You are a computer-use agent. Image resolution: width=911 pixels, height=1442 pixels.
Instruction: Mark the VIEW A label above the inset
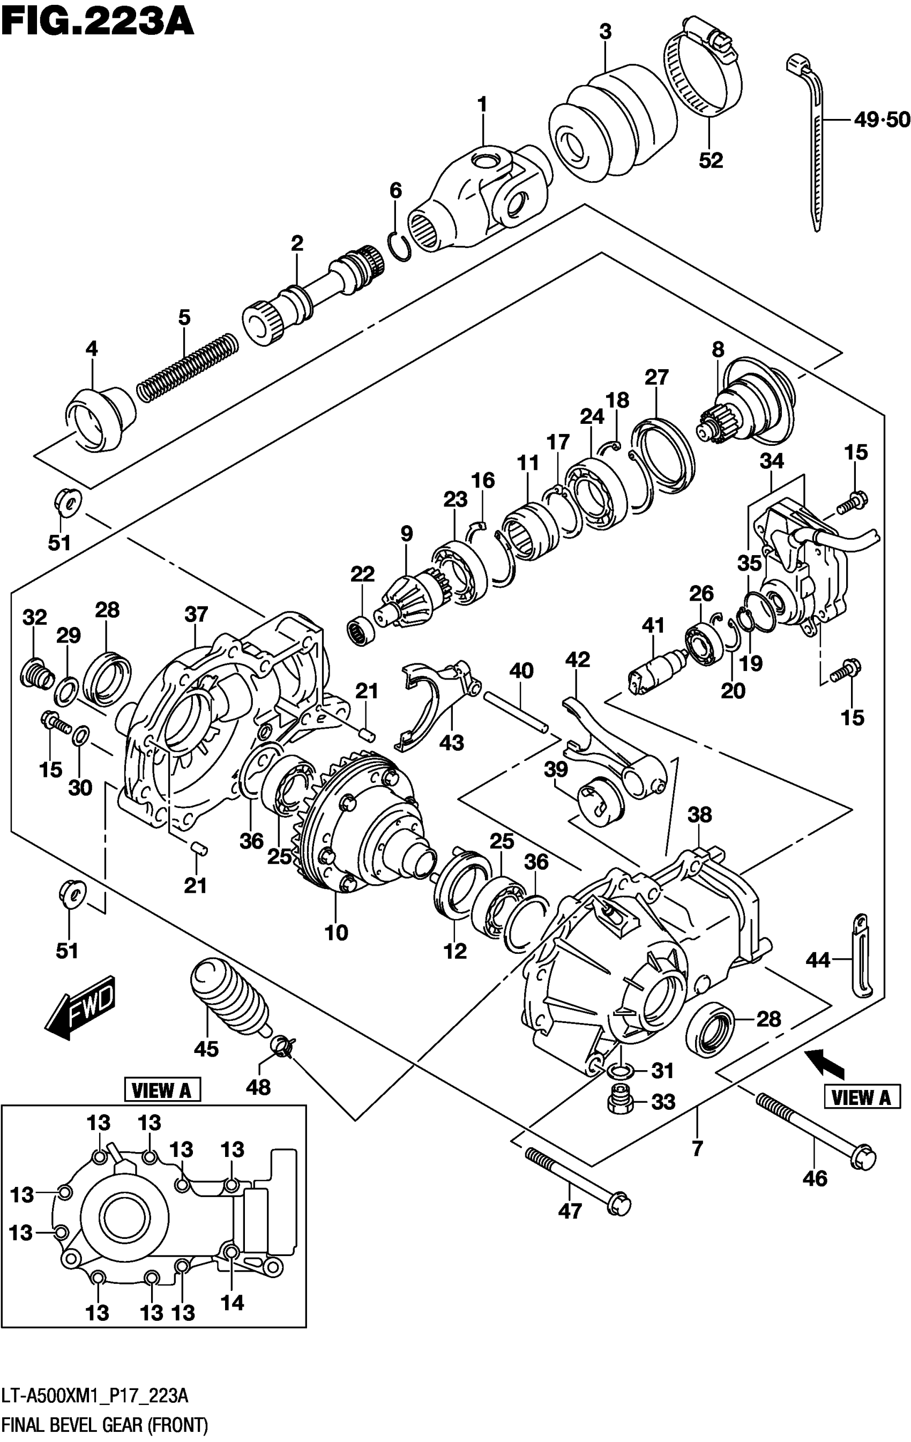162,1090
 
